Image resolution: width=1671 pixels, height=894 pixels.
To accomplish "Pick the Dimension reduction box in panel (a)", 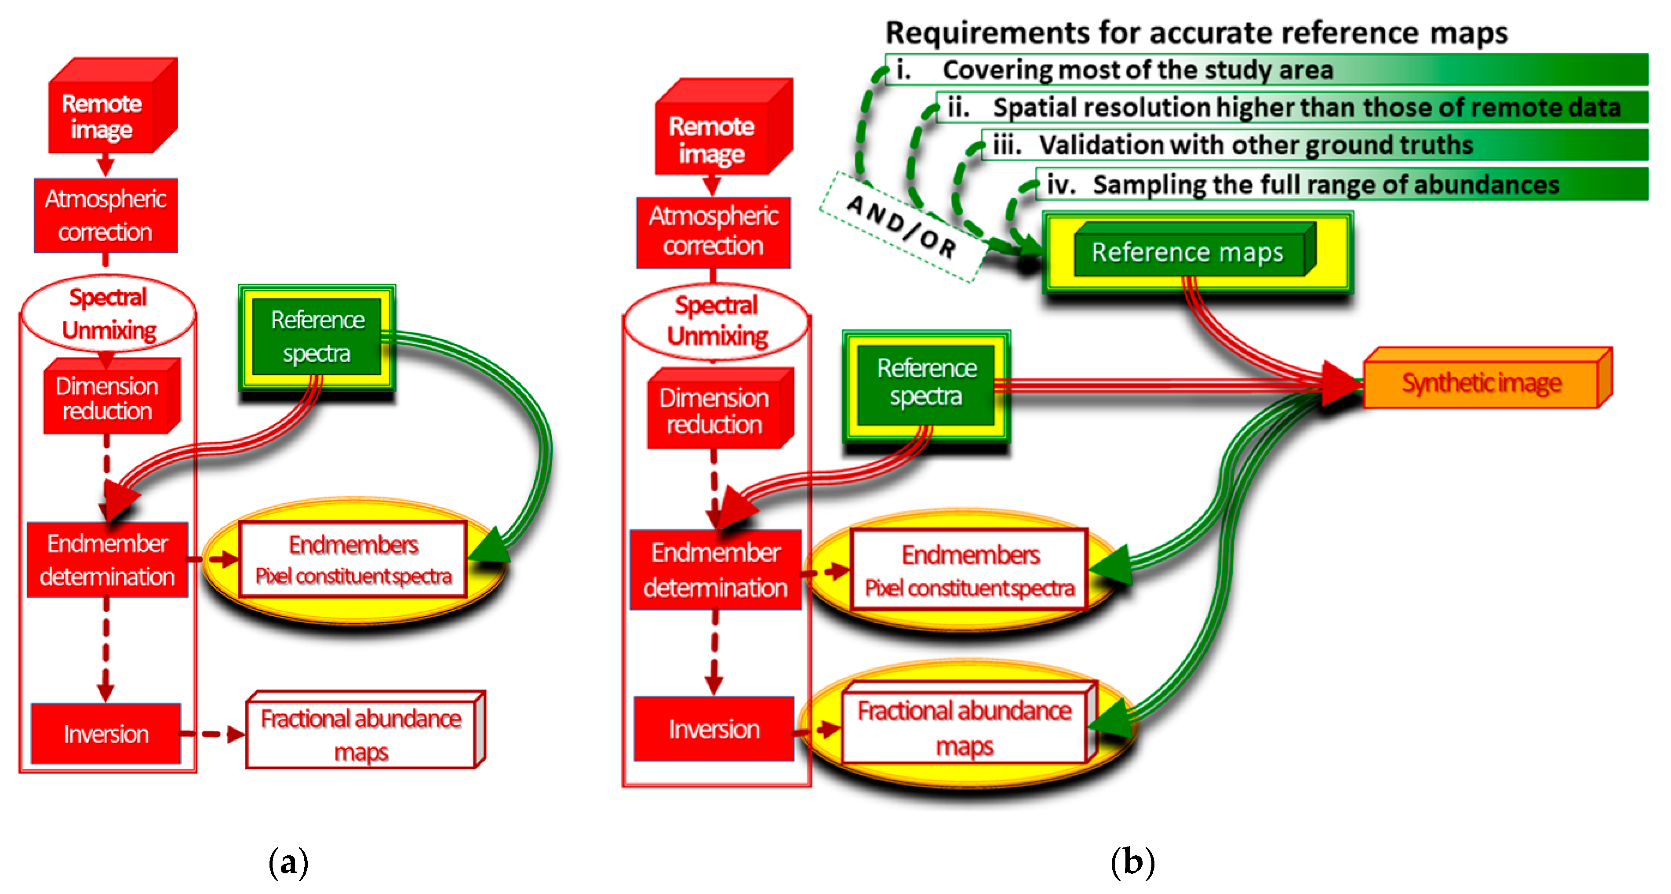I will (x=107, y=398).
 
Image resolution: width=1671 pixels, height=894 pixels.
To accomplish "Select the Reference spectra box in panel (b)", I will (x=926, y=383).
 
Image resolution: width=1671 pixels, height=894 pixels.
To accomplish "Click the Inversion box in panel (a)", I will (x=106, y=733).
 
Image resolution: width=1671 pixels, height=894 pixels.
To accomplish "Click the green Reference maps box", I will (x=1188, y=252).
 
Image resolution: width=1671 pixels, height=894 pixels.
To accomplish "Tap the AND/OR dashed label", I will (x=902, y=226).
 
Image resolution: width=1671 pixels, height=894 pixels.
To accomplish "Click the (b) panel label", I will (x=1132, y=862).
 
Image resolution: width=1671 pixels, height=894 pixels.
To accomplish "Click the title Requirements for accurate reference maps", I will (x=1196, y=33).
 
